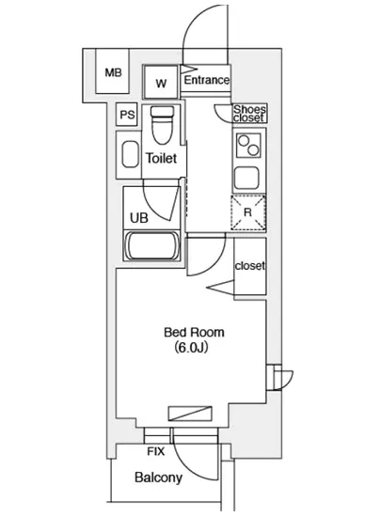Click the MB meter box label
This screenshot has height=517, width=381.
click(113, 72)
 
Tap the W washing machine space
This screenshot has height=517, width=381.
click(161, 82)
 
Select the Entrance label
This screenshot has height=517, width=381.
click(207, 80)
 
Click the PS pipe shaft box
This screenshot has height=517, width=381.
click(127, 115)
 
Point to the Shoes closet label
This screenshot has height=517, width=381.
click(249, 114)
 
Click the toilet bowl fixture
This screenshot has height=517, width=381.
click(162, 125)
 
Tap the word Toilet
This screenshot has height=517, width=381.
click(161, 158)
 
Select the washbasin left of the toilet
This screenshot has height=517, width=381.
click(130, 155)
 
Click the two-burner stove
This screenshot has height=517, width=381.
click(249, 146)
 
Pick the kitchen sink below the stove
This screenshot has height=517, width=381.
click(246, 178)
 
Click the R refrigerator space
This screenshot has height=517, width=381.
click(248, 212)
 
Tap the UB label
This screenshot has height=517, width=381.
click(139, 218)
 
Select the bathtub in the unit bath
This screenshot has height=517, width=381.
click(151, 246)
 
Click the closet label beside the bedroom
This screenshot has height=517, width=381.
click(249, 265)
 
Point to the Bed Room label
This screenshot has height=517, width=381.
click(194, 332)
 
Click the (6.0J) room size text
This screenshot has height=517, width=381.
click(191, 347)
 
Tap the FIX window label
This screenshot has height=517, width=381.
click(156, 451)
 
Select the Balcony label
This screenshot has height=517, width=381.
click(158, 478)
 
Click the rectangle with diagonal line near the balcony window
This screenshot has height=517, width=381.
click(190, 414)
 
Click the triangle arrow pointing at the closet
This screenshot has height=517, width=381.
click(220, 287)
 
